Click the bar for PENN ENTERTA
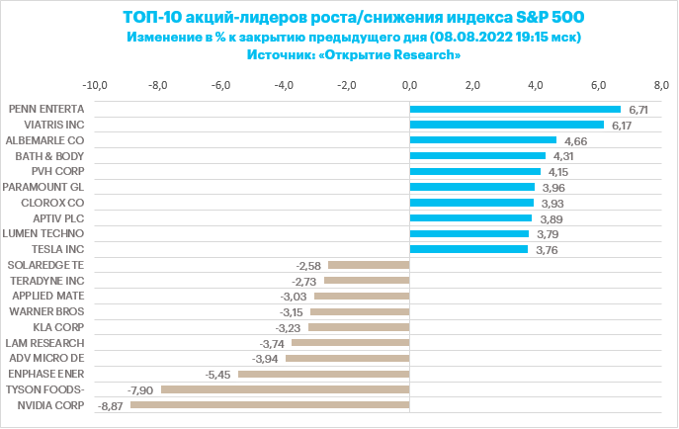pos(514,110)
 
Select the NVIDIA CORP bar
pos(270,404)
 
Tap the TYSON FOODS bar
pos(285,389)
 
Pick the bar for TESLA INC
pos(467,249)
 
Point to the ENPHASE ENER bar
pos(323,374)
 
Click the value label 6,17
pos(622,126)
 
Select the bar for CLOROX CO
pos(471,203)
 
